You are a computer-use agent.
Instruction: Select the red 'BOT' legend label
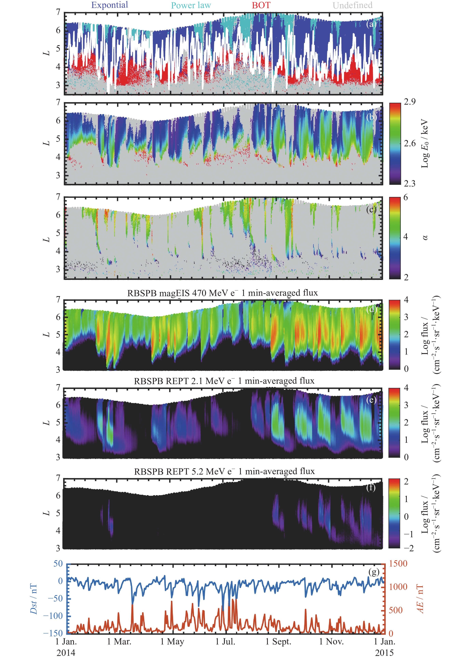261,5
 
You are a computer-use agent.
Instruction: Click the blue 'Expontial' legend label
109,5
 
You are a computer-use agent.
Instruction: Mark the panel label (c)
371,209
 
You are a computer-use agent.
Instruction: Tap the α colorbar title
425,237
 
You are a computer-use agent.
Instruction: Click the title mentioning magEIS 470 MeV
223,293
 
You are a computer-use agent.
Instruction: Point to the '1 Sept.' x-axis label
278,641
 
